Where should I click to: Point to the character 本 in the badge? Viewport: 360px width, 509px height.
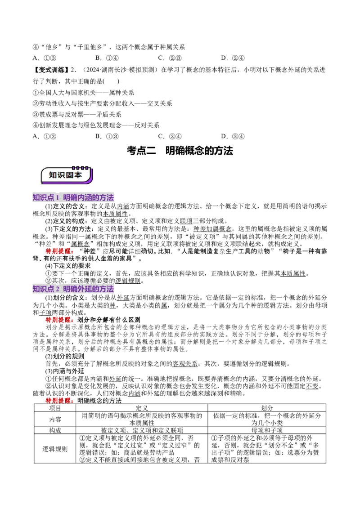[x=78, y=175]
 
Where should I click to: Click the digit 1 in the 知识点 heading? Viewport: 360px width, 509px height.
[x=58, y=198]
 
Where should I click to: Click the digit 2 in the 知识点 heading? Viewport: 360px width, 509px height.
[x=58, y=289]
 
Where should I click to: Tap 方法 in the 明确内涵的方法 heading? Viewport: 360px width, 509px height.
[x=106, y=198]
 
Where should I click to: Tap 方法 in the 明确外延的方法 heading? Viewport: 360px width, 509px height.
[x=106, y=289]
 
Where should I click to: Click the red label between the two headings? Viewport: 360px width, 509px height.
[x=59, y=251]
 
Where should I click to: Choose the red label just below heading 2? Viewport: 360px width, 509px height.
[x=59, y=320]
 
